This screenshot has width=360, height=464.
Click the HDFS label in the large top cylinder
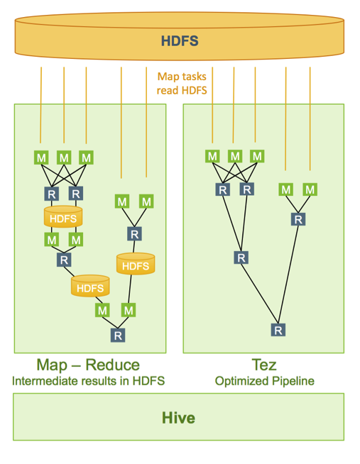(179, 40)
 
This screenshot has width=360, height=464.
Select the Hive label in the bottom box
(179, 418)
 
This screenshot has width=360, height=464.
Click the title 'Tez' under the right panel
(263, 365)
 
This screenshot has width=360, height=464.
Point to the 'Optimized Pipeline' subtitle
(264, 382)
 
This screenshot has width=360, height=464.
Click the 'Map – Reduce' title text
(89, 365)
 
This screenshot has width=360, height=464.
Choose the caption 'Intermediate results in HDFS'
(89, 382)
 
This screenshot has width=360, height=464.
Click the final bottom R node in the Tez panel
(278, 329)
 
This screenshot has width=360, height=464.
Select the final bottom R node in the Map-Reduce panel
(118, 334)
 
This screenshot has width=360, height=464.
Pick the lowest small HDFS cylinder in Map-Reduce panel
(89, 287)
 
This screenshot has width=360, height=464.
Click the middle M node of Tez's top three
(234, 156)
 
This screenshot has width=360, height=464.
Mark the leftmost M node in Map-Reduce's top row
(41, 158)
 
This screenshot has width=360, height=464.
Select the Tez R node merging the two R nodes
(241, 257)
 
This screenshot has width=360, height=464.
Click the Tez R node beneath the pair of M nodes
(298, 219)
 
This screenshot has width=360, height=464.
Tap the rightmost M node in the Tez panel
(310, 189)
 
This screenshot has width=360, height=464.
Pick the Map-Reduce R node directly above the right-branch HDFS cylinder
(133, 233)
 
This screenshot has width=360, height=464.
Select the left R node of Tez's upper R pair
(223, 189)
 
